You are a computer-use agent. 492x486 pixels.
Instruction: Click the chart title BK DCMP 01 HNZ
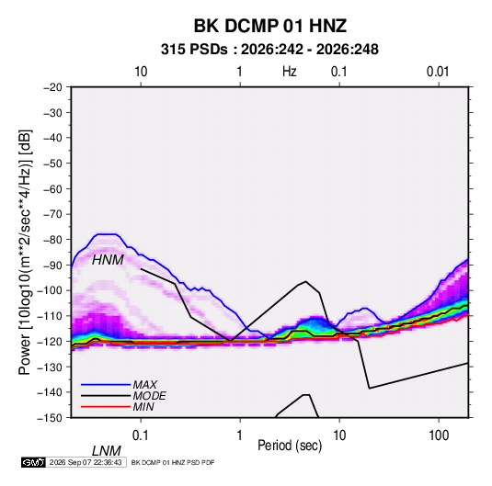270,26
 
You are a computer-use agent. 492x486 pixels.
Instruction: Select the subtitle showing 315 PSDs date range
269,50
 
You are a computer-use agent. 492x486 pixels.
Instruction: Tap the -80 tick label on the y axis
52,240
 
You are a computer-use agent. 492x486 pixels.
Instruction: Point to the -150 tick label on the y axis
50,418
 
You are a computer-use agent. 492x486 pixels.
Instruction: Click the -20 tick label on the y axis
52,87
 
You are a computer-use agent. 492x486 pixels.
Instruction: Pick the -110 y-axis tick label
50,316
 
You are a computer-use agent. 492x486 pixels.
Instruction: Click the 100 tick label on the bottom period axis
439,435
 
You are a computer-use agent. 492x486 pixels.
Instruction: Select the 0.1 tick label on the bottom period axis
140,435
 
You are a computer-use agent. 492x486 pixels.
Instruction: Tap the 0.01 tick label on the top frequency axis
438,72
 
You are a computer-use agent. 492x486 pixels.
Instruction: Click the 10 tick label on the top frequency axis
141,72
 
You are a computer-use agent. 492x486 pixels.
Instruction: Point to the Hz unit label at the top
290,72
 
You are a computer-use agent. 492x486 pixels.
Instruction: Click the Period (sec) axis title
290,446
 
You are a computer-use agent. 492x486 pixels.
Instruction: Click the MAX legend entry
145,384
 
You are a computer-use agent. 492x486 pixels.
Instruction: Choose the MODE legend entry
149,396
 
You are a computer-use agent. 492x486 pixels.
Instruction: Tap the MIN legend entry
143,407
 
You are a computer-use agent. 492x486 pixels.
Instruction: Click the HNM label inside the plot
108,260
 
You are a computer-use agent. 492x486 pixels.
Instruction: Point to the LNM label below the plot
107,451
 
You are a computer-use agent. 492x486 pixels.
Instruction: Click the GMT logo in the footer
33,462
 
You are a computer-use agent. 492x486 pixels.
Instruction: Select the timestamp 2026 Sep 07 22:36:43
86,462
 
